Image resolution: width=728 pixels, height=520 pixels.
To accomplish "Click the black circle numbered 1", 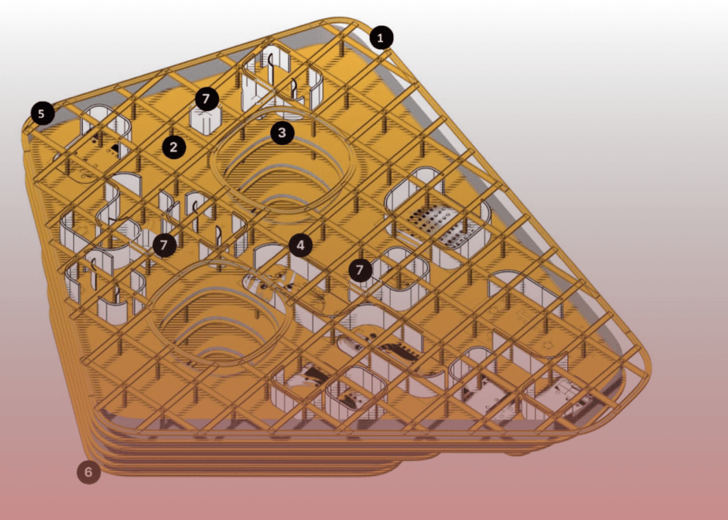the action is [381, 38].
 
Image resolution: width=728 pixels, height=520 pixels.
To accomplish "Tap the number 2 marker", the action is [173, 147].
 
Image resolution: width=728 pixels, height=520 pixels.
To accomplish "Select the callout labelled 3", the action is [282, 133].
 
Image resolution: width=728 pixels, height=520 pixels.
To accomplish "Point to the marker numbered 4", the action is [300, 245].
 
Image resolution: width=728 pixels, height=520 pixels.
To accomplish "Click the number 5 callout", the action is [43, 113].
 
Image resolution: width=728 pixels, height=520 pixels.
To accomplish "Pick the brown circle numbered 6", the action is [88, 472].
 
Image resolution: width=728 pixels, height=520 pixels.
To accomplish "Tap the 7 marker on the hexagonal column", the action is [206, 99].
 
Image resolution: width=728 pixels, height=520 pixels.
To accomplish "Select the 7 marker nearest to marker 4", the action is [360, 269].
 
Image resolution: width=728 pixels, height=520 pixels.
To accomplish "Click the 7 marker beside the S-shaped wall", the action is [165, 245].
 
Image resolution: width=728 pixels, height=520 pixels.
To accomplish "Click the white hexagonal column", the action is [204, 120].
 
